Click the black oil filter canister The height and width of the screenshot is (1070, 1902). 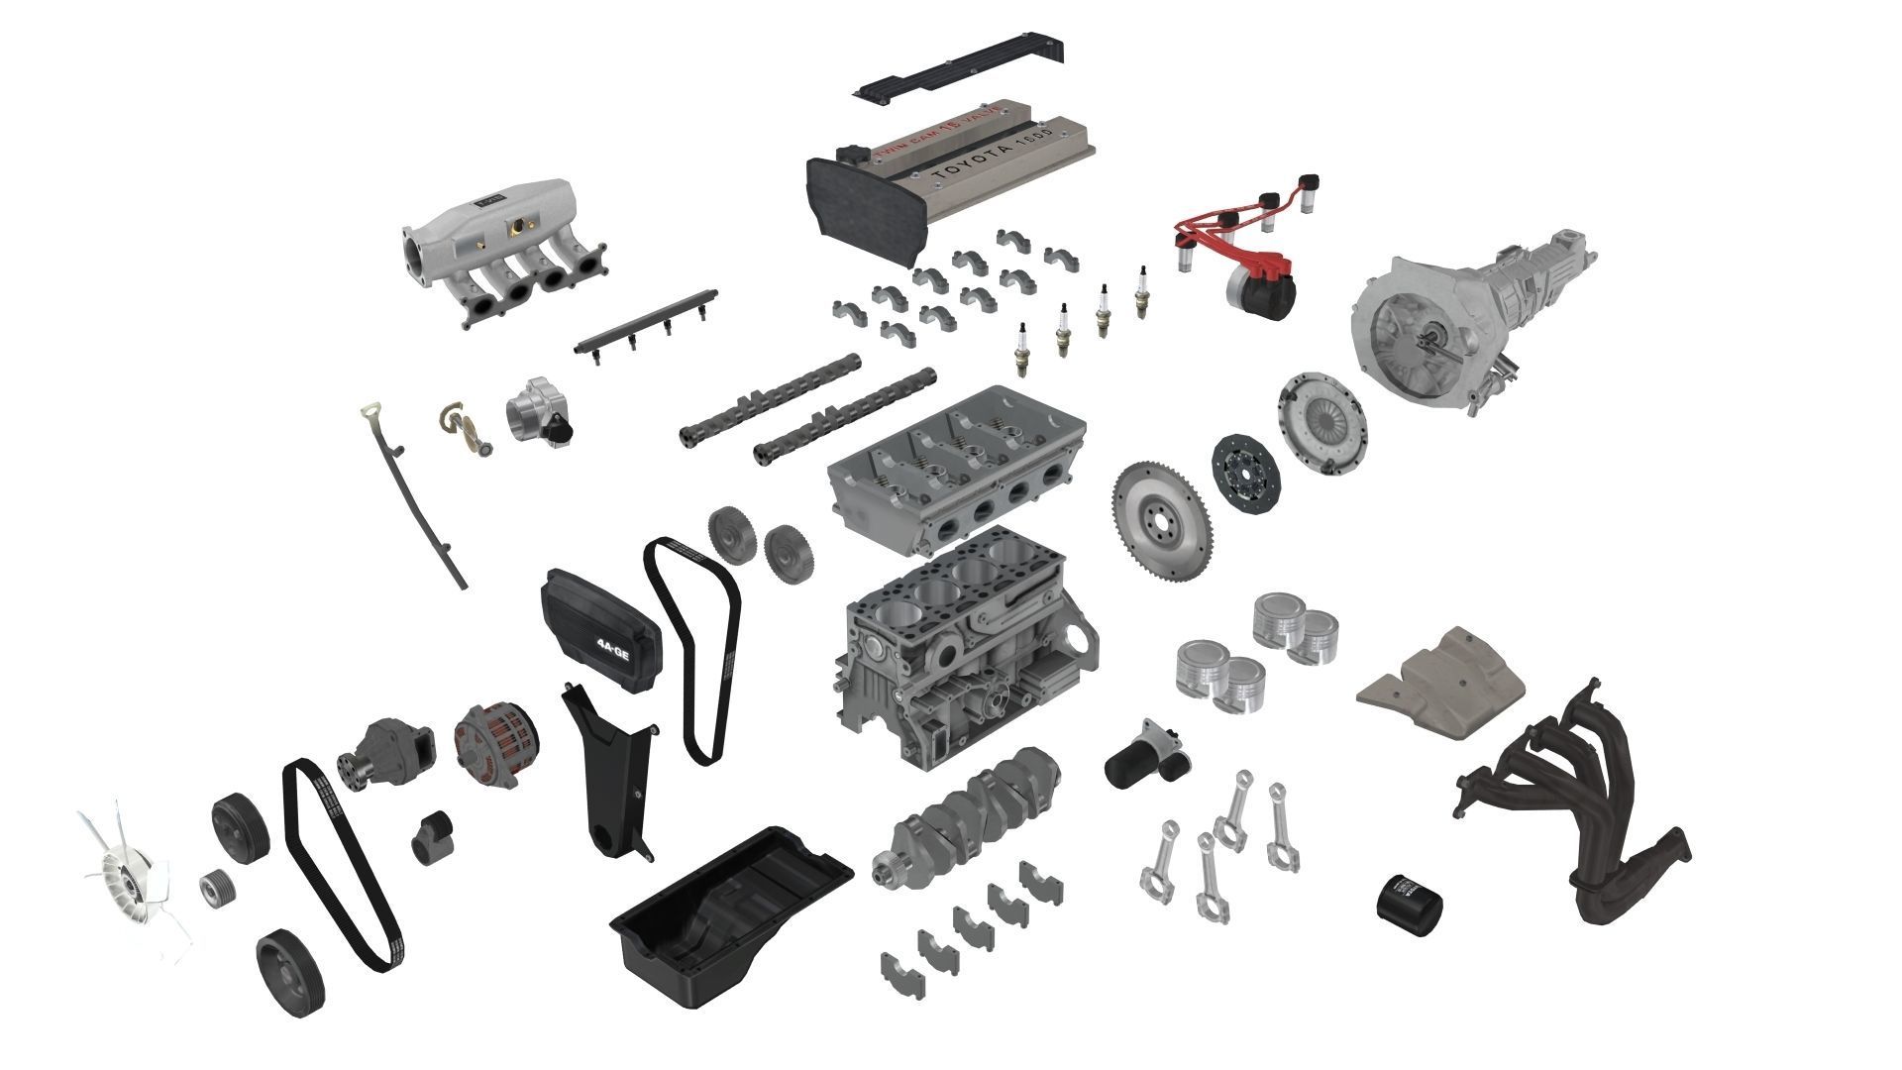click(x=1408, y=903)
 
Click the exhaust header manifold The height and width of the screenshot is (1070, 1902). click(x=1575, y=793)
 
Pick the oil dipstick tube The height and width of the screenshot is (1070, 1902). click(x=416, y=495)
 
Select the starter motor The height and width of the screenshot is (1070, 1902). click(x=1144, y=758)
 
